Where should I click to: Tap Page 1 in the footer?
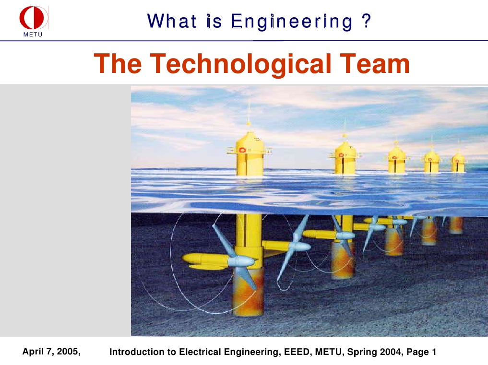pos(421,352)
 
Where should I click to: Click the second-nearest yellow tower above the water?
pos(345,158)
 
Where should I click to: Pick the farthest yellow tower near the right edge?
pos(458,163)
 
